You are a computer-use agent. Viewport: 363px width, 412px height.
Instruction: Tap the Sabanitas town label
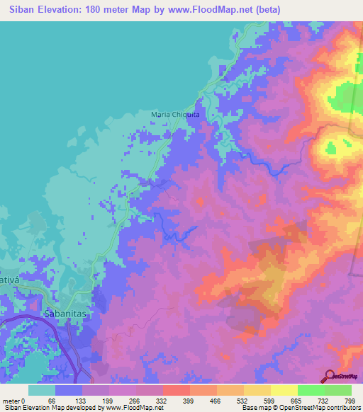click(65, 311)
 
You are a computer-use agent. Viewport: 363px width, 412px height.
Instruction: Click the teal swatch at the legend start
click(42, 390)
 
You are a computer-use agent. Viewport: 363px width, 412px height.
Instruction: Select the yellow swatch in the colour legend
click(284, 390)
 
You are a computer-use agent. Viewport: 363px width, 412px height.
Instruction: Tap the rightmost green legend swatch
click(337, 390)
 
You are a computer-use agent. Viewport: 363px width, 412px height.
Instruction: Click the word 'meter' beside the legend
click(10, 400)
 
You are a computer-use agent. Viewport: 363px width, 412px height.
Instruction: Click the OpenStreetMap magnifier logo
click(330, 376)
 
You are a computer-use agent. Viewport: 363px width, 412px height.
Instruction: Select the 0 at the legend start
click(23, 400)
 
